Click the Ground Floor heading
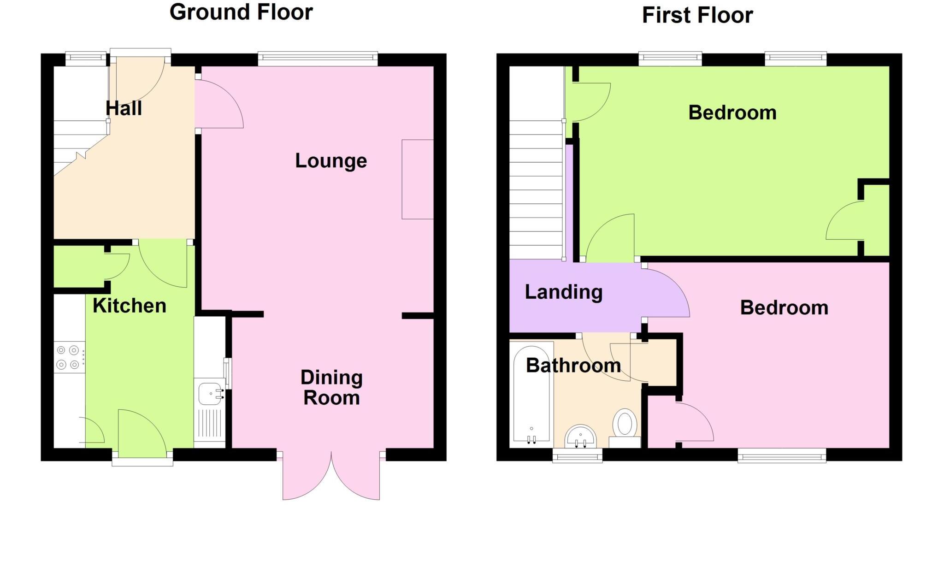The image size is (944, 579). pyautogui.click(x=241, y=12)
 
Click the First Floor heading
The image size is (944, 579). pyautogui.click(x=697, y=15)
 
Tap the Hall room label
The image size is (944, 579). pyautogui.click(x=124, y=108)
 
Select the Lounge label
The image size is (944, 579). pyautogui.click(x=331, y=161)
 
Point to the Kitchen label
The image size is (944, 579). pyautogui.click(x=129, y=306)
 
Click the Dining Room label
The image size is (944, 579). pyautogui.click(x=331, y=387)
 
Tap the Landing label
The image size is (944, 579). pyautogui.click(x=564, y=292)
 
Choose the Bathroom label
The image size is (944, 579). pyautogui.click(x=573, y=366)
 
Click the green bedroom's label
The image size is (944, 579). pyautogui.click(x=732, y=112)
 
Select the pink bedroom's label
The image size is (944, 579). pyautogui.click(x=784, y=307)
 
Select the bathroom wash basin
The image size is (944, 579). pyautogui.click(x=581, y=436)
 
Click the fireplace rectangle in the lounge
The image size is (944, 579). pyautogui.click(x=418, y=179)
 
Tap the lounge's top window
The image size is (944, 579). pyautogui.click(x=318, y=58)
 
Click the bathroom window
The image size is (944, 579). pyautogui.click(x=578, y=456)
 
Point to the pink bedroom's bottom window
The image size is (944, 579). pyautogui.click(x=782, y=456)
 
